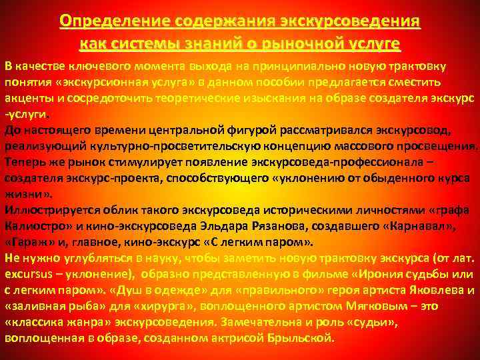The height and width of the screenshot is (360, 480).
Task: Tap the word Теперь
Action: (25, 162)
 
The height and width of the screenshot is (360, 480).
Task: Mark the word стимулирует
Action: (116, 162)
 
